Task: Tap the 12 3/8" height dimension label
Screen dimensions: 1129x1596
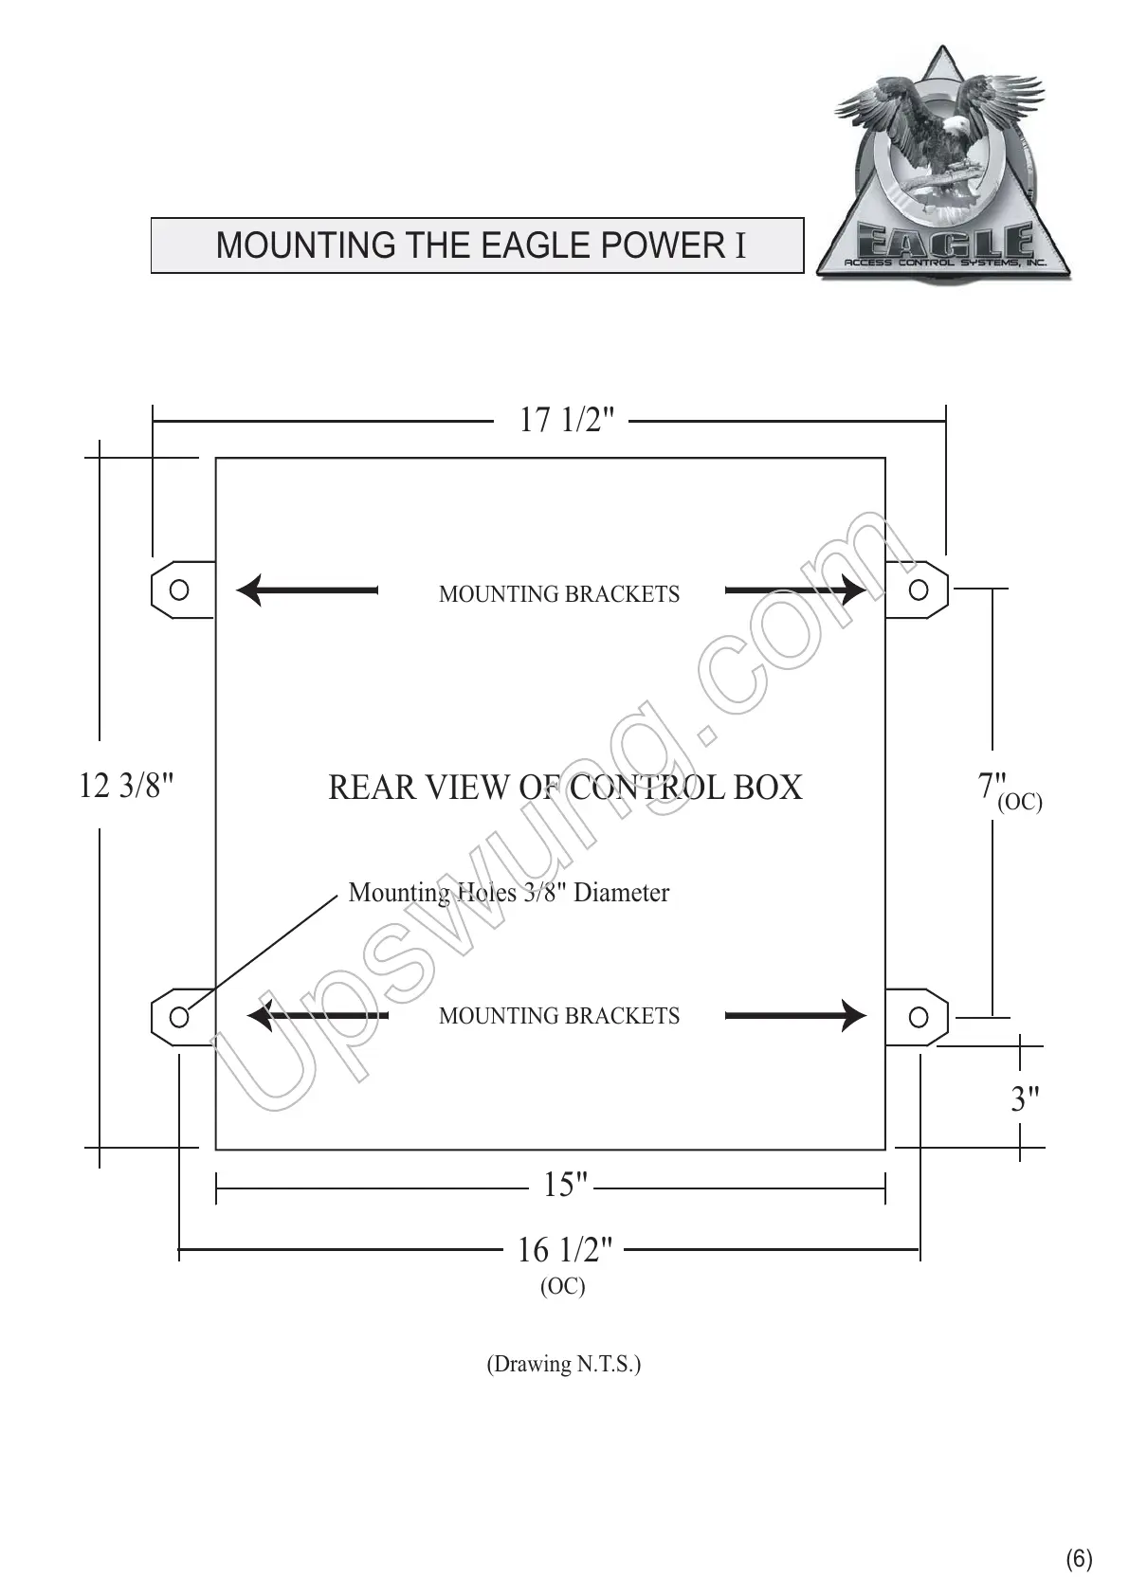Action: (127, 786)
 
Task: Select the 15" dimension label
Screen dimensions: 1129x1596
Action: (566, 1185)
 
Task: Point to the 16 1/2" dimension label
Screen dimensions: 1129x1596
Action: (565, 1251)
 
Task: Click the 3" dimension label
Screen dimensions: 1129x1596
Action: (1025, 1100)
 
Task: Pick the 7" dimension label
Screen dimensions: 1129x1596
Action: (992, 786)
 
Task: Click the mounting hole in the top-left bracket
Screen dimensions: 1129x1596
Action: (179, 589)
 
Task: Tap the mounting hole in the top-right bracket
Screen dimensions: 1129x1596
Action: (918, 589)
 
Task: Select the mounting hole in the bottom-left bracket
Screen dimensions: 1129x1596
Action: (179, 1017)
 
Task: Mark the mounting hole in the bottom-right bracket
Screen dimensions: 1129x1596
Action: (918, 1017)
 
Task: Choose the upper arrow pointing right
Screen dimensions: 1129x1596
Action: (794, 590)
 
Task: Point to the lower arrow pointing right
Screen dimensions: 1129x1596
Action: (794, 1015)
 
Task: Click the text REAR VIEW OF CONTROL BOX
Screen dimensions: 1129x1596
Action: (565, 788)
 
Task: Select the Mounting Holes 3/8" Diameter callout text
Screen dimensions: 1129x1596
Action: (508, 893)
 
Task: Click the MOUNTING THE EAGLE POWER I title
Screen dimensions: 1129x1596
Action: (480, 245)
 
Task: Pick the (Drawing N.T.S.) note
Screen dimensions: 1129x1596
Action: (564, 1365)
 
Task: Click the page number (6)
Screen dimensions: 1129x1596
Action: (1079, 1559)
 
